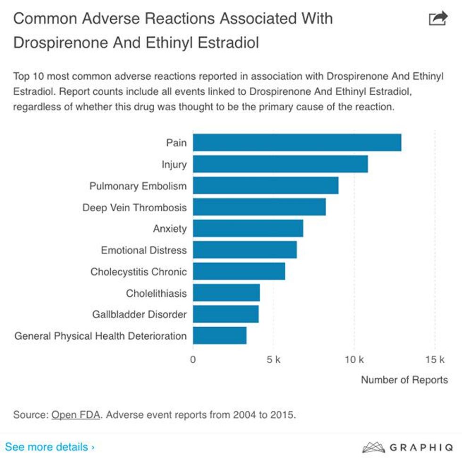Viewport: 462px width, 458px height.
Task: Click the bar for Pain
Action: click(x=297, y=142)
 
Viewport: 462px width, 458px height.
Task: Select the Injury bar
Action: click(x=280, y=164)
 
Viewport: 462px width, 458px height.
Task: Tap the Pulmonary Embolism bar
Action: click(x=265, y=185)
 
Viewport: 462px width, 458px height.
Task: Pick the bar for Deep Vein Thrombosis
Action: click(x=259, y=207)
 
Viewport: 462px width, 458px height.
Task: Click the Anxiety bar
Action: click(x=248, y=228)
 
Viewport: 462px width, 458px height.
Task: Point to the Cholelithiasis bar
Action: click(x=226, y=293)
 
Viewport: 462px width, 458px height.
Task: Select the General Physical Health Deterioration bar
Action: click(x=220, y=335)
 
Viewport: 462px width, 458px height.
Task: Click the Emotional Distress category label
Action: click(x=144, y=250)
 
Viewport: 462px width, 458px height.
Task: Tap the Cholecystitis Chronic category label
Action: click(x=139, y=272)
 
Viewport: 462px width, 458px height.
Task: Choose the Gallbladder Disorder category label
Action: click(x=140, y=314)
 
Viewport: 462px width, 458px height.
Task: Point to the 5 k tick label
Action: click(x=273, y=360)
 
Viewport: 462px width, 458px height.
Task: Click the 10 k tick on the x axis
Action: click(x=354, y=360)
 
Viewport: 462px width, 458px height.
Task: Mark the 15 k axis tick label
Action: click(x=435, y=360)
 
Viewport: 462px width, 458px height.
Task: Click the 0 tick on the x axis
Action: click(x=193, y=360)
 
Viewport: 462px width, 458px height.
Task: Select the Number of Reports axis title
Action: click(x=404, y=380)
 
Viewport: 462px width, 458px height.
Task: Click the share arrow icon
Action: click(x=437, y=19)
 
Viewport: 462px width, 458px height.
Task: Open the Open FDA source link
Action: click(x=76, y=415)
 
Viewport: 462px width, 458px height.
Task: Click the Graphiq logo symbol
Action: click(x=373, y=447)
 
